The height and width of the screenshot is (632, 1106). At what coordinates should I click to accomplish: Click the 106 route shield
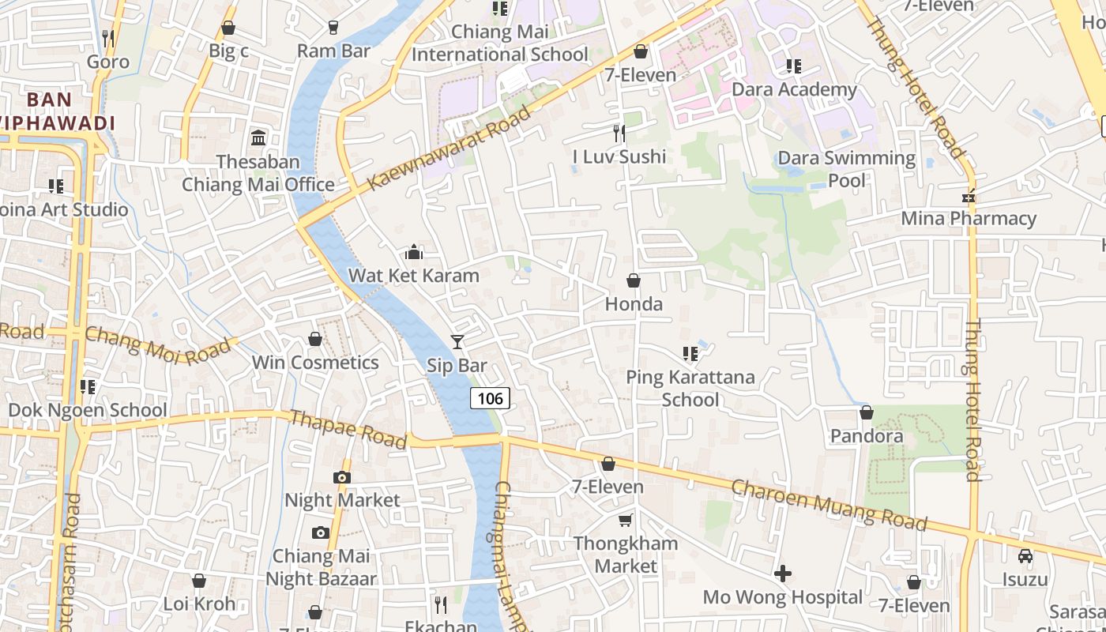490,398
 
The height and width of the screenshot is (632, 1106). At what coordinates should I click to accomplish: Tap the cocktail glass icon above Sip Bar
457,341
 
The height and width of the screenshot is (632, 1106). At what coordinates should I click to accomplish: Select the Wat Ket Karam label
413,276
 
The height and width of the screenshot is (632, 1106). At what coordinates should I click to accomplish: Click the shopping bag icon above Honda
633,280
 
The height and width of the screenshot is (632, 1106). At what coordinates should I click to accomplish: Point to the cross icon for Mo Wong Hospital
782,574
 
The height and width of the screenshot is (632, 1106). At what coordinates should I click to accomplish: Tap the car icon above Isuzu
1025,556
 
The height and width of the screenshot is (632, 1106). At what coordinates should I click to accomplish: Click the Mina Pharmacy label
968,219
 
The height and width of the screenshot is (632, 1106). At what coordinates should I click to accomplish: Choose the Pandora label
866,436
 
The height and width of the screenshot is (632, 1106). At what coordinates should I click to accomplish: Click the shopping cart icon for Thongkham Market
625,520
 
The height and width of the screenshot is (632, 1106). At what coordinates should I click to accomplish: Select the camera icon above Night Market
341,477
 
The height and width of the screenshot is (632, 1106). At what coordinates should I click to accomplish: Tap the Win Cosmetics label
314,363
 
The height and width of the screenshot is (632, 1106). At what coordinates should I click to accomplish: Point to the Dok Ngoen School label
87,410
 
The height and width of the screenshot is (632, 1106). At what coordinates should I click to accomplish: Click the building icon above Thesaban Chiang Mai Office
258,139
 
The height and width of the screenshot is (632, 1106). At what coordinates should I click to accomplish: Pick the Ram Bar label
333,51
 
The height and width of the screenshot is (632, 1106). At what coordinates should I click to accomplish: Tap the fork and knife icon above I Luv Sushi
619,133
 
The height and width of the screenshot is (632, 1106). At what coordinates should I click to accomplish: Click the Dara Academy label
793,89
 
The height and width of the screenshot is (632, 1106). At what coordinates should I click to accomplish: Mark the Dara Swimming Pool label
846,169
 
